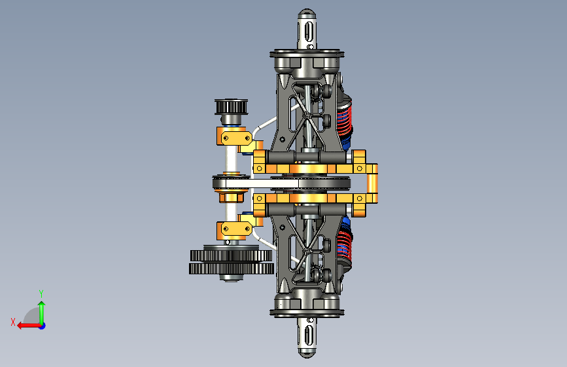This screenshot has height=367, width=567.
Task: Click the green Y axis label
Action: click(x=41, y=293)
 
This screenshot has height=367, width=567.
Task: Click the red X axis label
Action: click(x=13, y=322)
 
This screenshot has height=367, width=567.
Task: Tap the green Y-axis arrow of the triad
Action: click(x=42, y=313)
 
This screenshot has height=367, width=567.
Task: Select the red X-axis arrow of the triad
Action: click(x=29, y=326)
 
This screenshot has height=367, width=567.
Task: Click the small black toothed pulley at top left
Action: click(x=232, y=107)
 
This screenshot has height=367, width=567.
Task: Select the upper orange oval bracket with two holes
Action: click(x=237, y=138)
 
